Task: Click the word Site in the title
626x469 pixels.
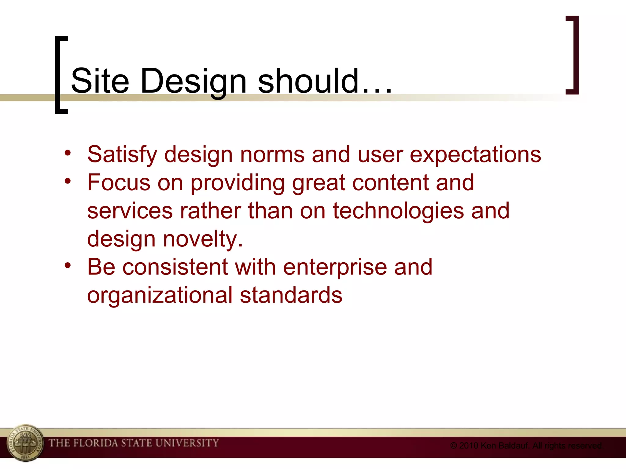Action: tap(100, 81)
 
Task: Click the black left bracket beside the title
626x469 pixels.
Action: tap(58, 75)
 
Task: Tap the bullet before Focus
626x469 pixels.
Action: tap(68, 180)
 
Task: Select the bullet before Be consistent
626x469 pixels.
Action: tap(68, 265)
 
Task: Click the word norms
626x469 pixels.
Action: tap(272, 154)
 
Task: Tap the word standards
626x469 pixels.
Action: tap(291, 295)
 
